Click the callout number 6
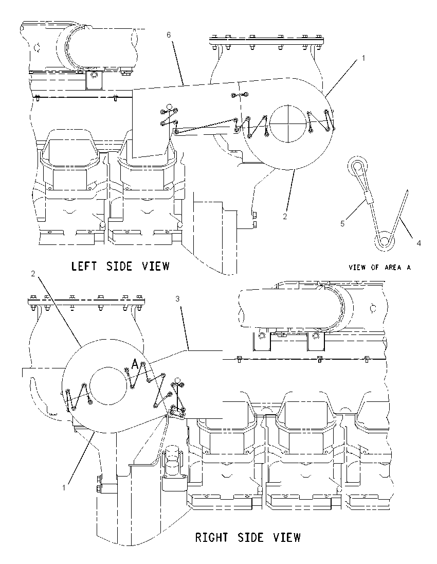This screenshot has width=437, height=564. pyautogui.click(x=169, y=35)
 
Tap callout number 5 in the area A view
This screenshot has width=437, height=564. pyautogui.click(x=342, y=224)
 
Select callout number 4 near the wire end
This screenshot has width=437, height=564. pyautogui.click(x=418, y=243)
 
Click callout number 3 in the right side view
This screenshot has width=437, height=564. pyautogui.click(x=177, y=299)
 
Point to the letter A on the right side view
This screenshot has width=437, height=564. pyautogui.click(x=134, y=364)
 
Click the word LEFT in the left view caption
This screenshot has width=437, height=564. pyautogui.click(x=84, y=266)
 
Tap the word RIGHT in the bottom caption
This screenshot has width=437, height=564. pyautogui.click(x=212, y=538)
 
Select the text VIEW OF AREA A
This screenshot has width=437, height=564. pyautogui.click(x=379, y=267)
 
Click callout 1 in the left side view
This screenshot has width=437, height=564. pyautogui.click(x=363, y=58)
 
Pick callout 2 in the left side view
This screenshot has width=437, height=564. pyautogui.click(x=285, y=217)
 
